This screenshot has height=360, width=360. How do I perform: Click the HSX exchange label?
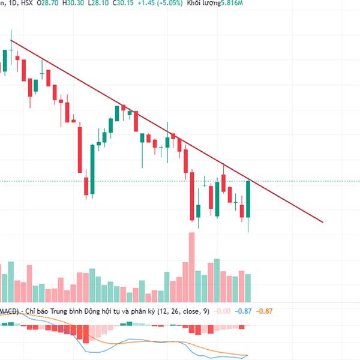[x=27, y=4]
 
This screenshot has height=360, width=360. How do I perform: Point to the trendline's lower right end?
[x=323, y=222]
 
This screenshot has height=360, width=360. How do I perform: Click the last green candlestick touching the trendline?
[x=248, y=199]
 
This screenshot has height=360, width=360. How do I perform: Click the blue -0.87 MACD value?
[x=244, y=311]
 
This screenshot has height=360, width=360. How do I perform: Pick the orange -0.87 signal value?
[x=265, y=311]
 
